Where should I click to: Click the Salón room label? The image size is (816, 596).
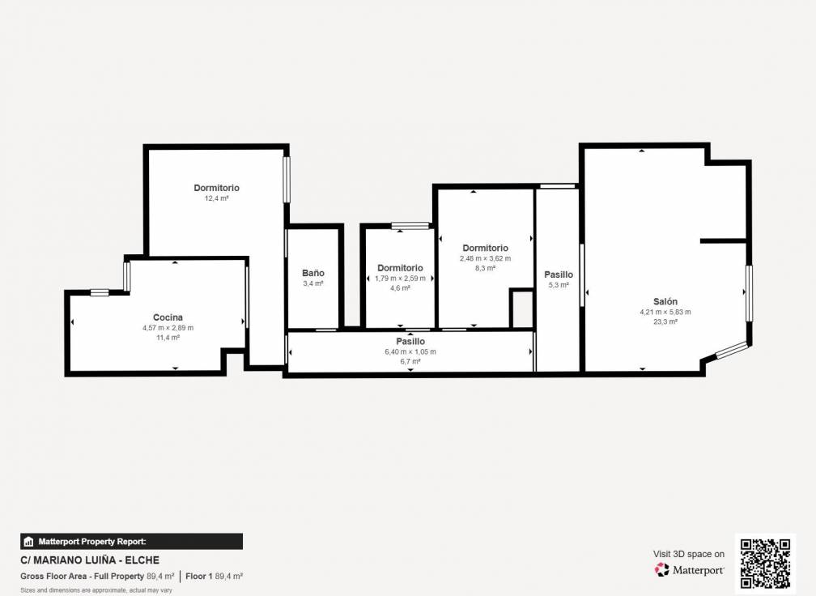pos(665,301)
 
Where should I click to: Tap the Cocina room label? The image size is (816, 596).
pos(168,317)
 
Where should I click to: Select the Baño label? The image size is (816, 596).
pos(313,273)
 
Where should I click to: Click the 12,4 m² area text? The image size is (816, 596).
pos(216,198)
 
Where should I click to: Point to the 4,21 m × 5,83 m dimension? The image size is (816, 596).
pos(665,312)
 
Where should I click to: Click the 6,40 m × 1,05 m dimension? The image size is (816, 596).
pos(410,351)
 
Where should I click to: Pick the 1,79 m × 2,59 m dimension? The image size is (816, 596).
pos(400,278)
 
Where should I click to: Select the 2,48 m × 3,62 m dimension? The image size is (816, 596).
pos(485,258)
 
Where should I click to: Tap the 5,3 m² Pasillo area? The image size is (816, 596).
pos(559,285)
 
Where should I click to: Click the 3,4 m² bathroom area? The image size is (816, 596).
pos(313,283)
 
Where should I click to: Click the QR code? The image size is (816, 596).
pos(765,564)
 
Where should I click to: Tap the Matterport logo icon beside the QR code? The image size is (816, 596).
pos(661,569)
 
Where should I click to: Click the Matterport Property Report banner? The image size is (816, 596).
pos(132,542)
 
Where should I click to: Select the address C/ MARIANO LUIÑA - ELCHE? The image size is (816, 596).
pos(90,560)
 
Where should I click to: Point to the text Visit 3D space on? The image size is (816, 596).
pos(688,554)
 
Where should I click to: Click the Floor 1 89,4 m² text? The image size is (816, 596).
pos(215,577)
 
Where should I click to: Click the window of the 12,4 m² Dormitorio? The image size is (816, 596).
pos(286,179)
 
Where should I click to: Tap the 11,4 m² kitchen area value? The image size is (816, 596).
pos(168,338)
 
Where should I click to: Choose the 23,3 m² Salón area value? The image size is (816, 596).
pos(665,321)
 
